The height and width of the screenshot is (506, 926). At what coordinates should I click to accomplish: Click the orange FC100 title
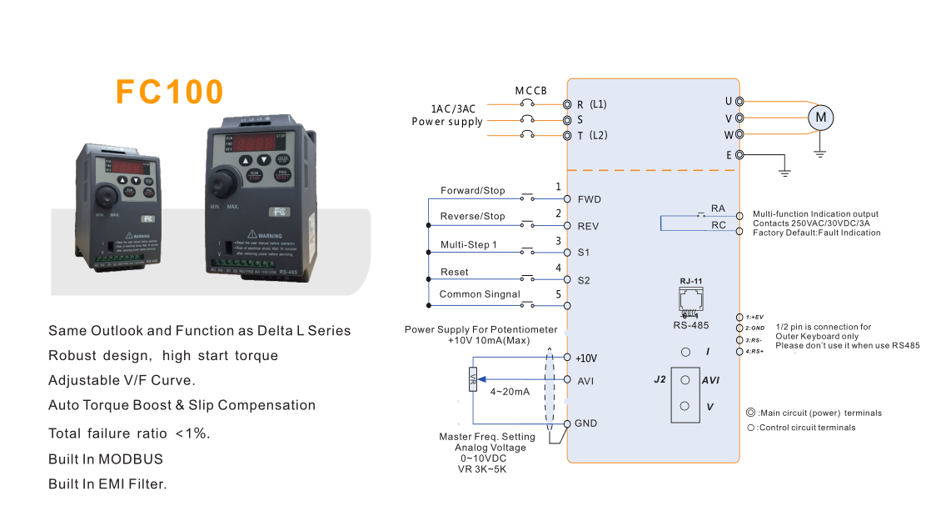(x=170, y=92)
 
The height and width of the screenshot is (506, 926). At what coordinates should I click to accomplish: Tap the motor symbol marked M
(x=821, y=118)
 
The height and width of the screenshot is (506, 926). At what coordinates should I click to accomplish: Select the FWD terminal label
(x=589, y=199)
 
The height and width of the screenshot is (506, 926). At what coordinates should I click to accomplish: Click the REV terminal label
(x=588, y=226)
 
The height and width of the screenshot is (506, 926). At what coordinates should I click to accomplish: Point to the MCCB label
(x=530, y=90)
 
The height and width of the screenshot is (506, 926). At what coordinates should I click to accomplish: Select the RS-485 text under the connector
(x=691, y=325)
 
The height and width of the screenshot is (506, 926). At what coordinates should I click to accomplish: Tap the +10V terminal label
(x=587, y=358)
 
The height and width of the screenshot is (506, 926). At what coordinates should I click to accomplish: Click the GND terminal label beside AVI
(x=586, y=423)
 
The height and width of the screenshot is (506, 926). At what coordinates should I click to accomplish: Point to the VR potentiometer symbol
(x=472, y=379)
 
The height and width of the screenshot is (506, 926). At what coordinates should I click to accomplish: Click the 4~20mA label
(x=510, y=392)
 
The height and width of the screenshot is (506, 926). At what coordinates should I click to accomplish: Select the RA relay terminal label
(x=718, y=208)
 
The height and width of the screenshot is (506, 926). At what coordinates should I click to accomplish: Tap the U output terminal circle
(x=739, y=102)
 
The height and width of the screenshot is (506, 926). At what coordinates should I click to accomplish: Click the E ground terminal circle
(x=739, y=154)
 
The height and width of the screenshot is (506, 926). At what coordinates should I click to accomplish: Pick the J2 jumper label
(x=660, y=379)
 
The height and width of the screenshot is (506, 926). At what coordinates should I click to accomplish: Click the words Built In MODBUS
(x=106, y=458)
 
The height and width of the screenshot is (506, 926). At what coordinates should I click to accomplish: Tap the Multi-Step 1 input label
(x=469, y=244)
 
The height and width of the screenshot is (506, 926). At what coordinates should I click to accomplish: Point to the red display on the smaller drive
(x=127, y=167)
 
